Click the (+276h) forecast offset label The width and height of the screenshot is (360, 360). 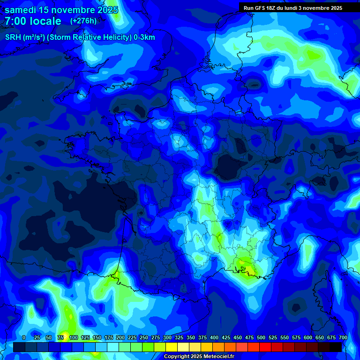(x=83, y=21)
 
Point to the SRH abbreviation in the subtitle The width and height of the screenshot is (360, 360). (x=13, y=37)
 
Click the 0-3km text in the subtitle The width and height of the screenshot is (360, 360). (x=144, y=37)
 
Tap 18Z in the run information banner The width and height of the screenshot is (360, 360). (x=276, y=8)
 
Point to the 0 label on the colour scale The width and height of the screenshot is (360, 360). (x=24, y=338)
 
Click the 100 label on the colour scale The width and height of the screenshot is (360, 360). (x=73, y=338)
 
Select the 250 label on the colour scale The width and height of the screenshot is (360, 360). (x=144, y=338)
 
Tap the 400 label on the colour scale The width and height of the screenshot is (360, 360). (x=214, y=338)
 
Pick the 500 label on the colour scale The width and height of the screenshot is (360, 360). (x=261, y=338)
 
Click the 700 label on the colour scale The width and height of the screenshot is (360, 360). (x=343, y=338)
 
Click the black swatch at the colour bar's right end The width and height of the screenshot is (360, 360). (x=336, y=347)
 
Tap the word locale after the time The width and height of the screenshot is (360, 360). (x=45, y=21)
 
